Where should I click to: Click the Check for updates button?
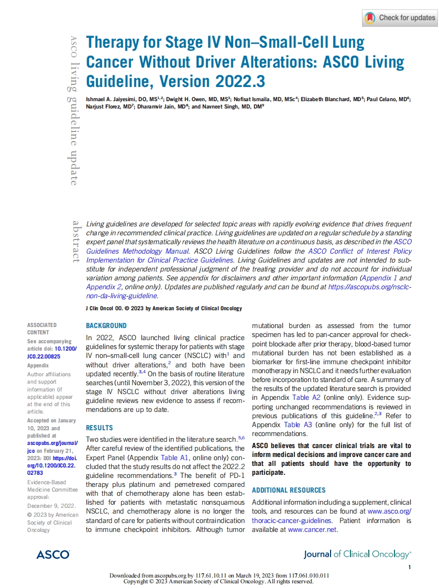click(400, 18)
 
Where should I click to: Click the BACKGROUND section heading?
click(106, 325)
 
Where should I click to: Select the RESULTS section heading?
click(98, 428)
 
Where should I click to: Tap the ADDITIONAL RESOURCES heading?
click(289, 490)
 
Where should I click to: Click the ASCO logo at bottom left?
click(53, 554)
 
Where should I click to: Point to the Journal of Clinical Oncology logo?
click(357, 554)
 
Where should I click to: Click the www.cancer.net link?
click(312, 530)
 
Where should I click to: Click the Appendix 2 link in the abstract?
click(104, 287)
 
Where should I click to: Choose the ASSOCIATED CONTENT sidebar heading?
click(42, 329)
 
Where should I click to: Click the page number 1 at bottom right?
click(410, 568)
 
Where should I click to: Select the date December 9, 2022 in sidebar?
click(51, 506)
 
